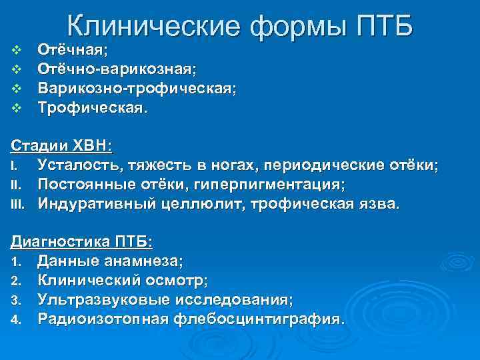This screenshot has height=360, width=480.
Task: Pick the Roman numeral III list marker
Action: (x=18, y=204)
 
